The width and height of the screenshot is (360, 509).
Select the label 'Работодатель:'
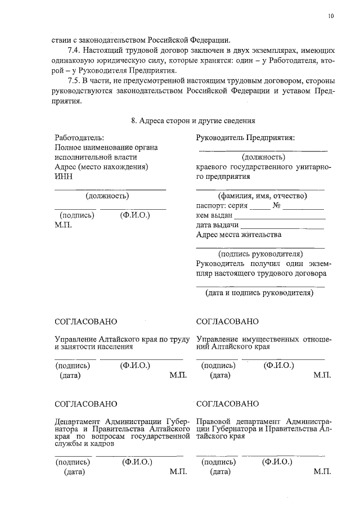click(79, 138)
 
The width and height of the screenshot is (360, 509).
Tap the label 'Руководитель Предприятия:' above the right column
click(245, 138)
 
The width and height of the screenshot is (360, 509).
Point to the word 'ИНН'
click(63, 177)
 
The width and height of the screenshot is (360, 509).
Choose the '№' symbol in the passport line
click(276, 205)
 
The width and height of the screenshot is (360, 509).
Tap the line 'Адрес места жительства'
click(238, 234)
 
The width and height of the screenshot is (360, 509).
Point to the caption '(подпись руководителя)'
click(260, 253)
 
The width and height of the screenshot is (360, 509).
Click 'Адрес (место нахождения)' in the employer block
click(101, 167)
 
